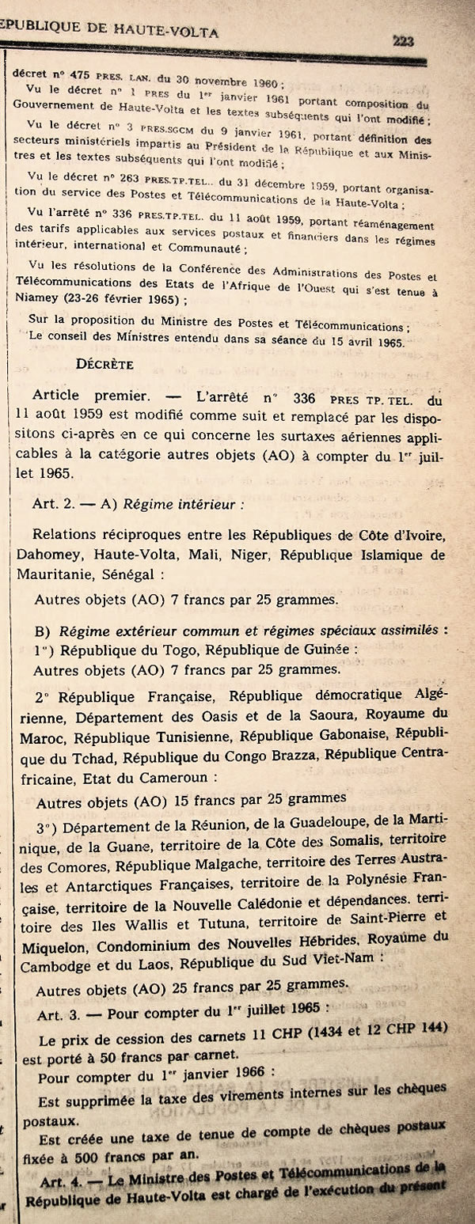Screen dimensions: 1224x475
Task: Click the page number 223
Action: click(x=403, y=41)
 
